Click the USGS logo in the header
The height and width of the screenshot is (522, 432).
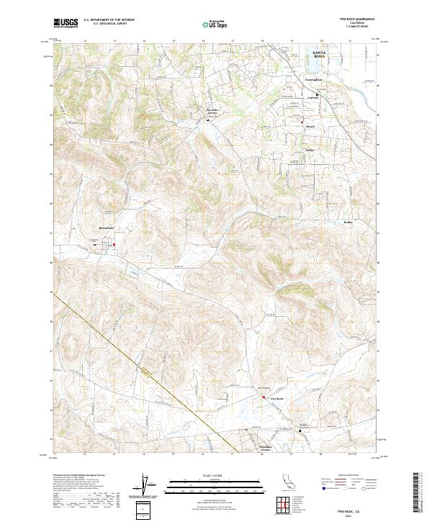66,23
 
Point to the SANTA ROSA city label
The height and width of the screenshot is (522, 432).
319,55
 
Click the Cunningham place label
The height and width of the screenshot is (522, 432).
315,80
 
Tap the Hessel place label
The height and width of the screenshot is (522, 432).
310,127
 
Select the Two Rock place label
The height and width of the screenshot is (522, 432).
278,397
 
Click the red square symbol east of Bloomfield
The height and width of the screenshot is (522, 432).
114,243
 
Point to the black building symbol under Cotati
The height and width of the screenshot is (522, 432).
318,94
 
